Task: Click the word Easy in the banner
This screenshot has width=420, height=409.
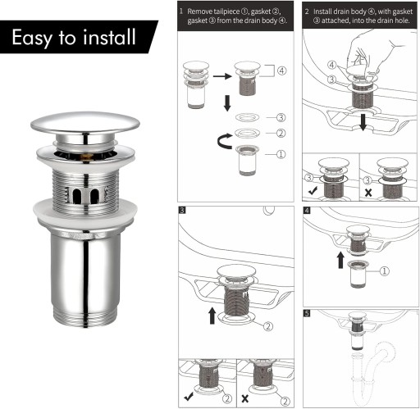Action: point(32,38)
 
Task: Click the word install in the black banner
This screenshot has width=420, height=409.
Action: point(109,37)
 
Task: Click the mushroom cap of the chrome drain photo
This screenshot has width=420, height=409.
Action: point(85,124)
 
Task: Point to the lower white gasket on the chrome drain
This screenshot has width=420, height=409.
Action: point(85,211)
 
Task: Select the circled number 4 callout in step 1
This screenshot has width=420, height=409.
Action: point(282,70)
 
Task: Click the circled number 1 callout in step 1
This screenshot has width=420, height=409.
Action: point(281,154)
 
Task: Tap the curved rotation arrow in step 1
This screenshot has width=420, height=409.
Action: point(225,141)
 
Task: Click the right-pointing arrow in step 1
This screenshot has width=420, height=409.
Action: point(222,76)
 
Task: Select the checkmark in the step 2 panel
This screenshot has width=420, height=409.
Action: point(313,190)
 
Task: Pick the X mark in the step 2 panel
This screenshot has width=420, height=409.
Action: point(368,193)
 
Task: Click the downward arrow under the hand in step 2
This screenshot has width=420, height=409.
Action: point(363,122)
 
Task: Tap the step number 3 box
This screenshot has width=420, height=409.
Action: point(182,210)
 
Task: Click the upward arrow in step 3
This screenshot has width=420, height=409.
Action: point(212,316)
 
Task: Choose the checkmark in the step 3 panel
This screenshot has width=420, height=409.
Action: point(189,397)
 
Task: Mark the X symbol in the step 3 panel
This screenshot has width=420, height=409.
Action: point(245,398)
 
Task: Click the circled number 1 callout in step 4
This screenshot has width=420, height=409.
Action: point(384,271)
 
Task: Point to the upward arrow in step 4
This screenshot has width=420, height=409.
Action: point(340,260)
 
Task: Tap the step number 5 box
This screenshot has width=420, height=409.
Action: point(307,313)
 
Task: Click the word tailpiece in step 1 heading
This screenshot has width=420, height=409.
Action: point(226,11)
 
